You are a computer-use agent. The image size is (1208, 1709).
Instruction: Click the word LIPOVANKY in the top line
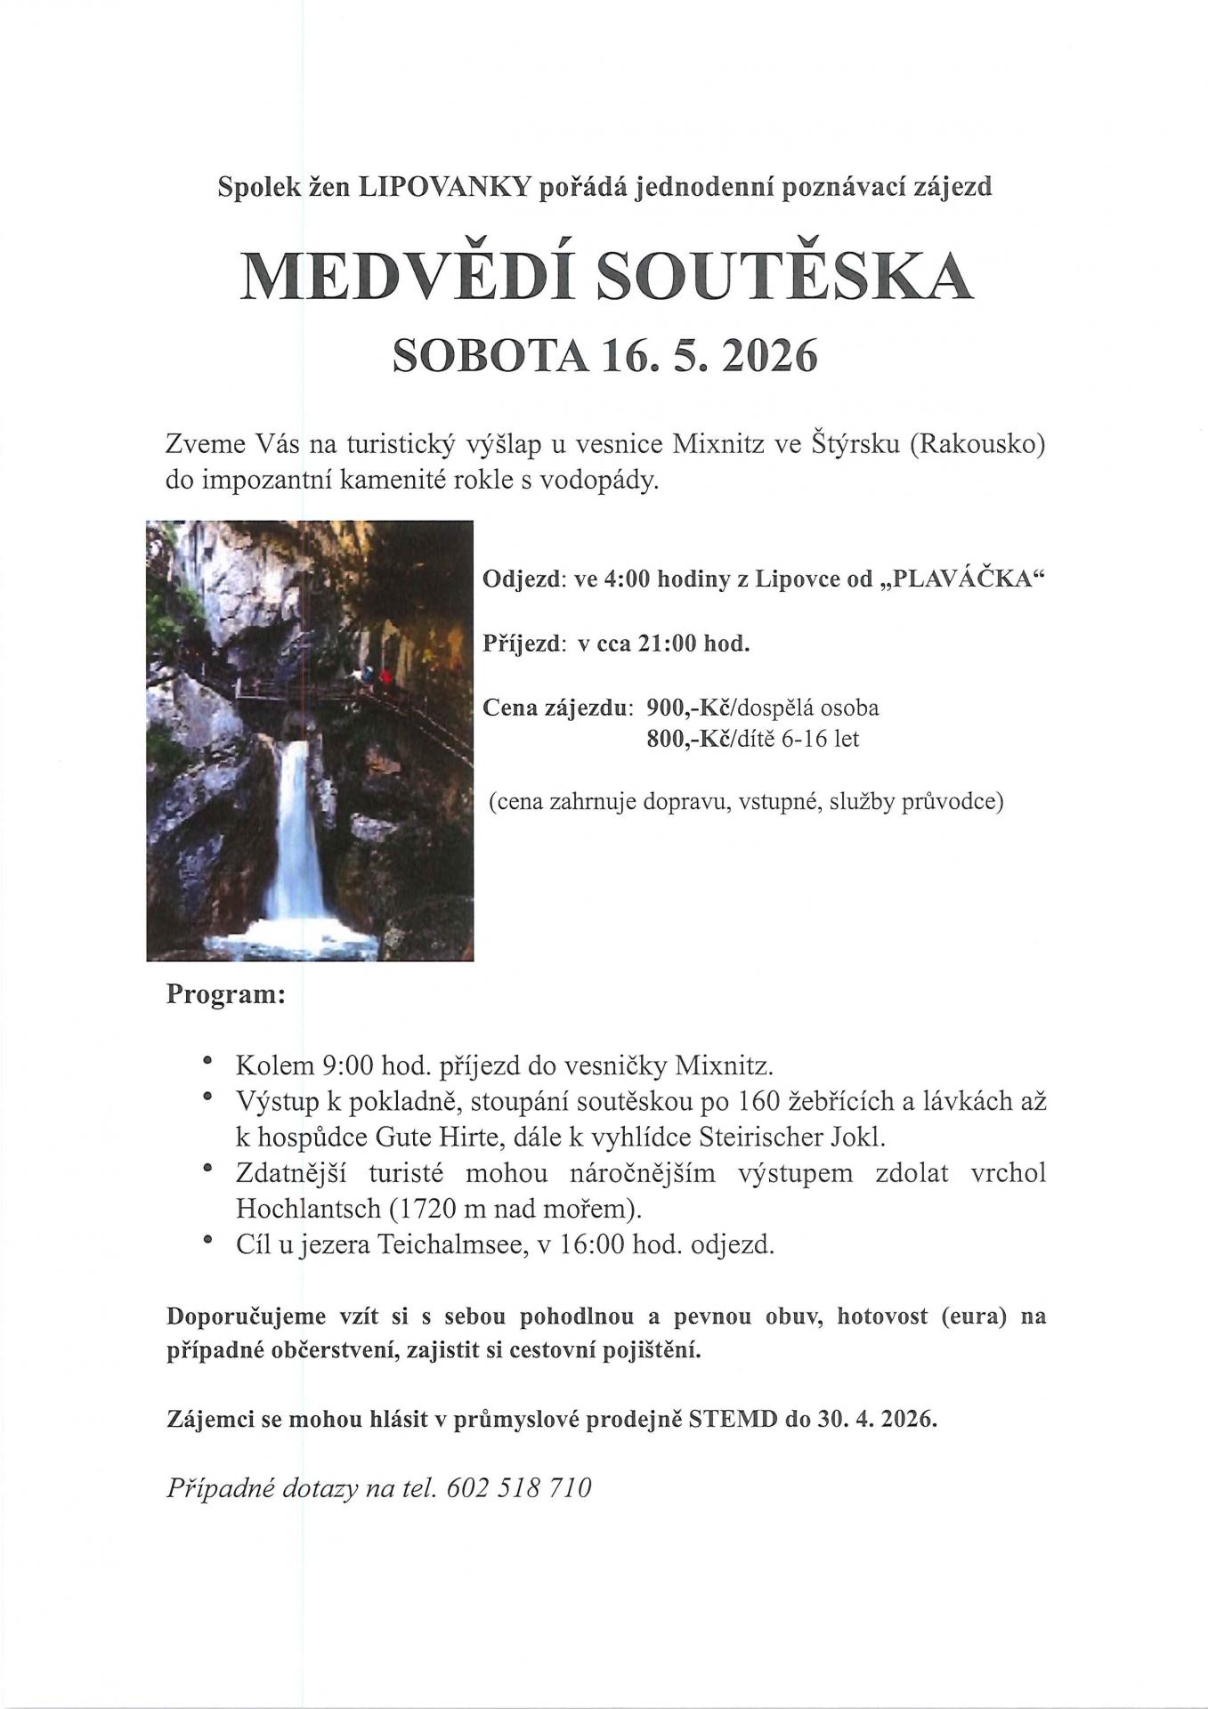(444, 187)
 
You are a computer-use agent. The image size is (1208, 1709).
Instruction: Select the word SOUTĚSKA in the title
(784, 276)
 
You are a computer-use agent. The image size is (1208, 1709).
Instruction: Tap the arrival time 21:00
(667, 644)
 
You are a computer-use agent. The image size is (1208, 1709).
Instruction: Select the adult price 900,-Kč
(687, 709)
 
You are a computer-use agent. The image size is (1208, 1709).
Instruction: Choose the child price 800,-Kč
(687, 739)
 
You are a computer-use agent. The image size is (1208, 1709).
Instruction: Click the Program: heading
(225, 994)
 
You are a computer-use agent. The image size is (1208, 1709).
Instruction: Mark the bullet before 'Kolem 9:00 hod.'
(208, 1061)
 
